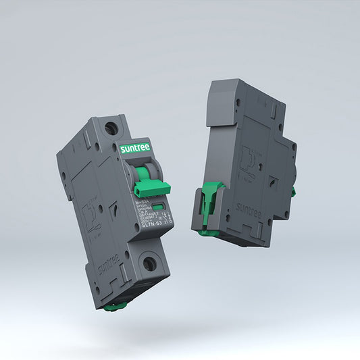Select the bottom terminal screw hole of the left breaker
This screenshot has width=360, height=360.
[149, 263]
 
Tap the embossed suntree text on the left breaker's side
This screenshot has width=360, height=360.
[106, 263]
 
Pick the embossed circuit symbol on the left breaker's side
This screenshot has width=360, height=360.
[87, 213]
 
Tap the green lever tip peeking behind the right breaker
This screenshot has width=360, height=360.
[293, 192]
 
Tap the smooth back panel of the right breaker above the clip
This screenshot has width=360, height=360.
[217, 149]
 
